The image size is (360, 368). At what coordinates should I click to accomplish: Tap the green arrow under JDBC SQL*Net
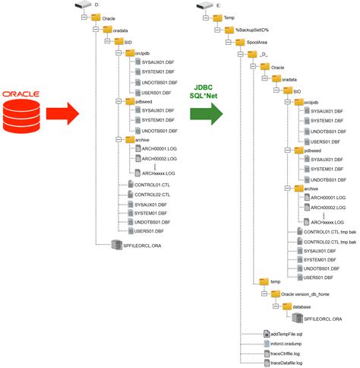click(206, 114)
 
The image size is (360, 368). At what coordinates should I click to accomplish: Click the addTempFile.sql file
click(283, 333)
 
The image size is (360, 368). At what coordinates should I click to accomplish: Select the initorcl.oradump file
click(282, 343)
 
